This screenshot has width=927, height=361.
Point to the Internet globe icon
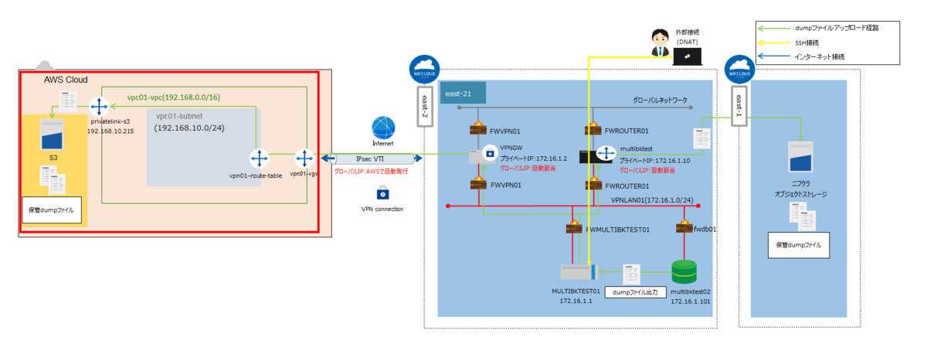[x=383, y=128]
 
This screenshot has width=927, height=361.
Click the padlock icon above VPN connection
[x=382, y=192]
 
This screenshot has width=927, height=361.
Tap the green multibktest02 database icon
[x=684, y=271]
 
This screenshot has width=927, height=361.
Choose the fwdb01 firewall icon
[x=683, y=229]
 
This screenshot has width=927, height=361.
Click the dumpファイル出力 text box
[x=633, y=292]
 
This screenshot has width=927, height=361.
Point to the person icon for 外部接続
[x=658, y=42]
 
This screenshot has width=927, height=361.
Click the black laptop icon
[x=687, y=56]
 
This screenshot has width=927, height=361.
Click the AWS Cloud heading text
[x=66, y=80]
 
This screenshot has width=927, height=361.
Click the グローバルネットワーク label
[x=660, y=100]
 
